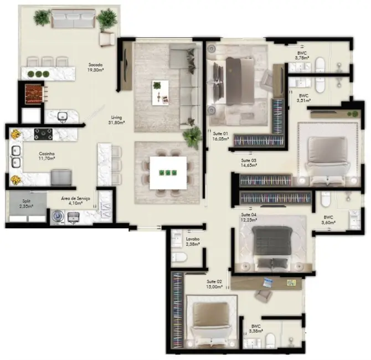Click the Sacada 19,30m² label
coord(95,67)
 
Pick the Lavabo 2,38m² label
coord(193,241)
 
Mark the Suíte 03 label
coord(249,163)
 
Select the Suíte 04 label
coord(249,217)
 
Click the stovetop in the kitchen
coord(43,133)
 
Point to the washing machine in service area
coord(56,217)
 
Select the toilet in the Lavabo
coord(179,257)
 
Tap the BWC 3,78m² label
coord(301,55)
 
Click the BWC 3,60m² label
coord(329,220)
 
